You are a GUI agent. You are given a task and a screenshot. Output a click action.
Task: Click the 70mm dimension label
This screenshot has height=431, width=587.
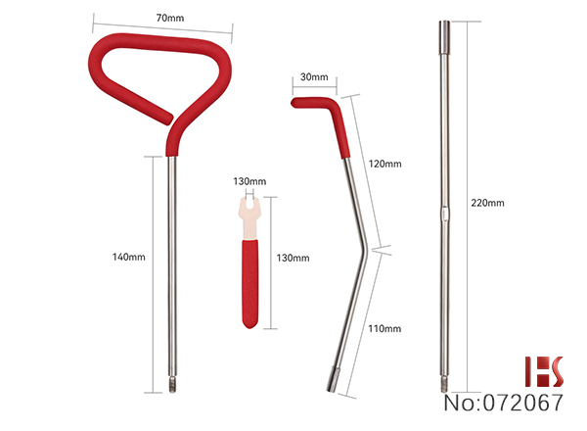click(170, 18)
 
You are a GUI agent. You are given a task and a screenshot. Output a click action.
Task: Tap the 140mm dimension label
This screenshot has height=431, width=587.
click(129, 257)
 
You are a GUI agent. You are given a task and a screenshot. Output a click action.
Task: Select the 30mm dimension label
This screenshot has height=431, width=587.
click(314, 76)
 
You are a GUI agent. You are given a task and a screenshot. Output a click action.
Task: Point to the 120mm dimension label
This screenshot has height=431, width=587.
click(384, 164)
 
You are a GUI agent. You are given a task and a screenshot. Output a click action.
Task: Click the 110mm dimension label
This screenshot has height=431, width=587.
click(384, 329)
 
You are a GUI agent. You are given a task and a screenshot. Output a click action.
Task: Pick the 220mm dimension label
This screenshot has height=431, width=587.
click(487, 203)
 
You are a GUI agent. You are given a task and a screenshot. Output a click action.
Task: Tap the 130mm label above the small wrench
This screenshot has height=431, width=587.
click(249, 181)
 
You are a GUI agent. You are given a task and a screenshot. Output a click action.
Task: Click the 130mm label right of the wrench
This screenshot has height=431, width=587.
click(293, 258)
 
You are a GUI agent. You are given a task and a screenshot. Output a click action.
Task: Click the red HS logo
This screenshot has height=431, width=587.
click(544, 371)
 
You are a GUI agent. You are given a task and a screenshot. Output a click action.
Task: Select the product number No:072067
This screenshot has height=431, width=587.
click(504, 403)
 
